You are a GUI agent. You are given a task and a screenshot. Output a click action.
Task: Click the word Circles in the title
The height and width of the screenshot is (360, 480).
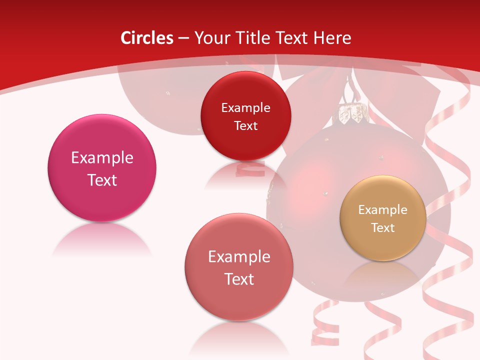click(x=147, y=38)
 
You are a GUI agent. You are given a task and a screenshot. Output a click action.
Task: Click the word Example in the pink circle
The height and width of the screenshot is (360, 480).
click(x=102, y=158)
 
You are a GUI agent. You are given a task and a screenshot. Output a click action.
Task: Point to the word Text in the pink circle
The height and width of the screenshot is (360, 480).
click(x=102, y=180)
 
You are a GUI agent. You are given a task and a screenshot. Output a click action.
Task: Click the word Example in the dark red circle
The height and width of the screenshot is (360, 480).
click(x=245, y=108)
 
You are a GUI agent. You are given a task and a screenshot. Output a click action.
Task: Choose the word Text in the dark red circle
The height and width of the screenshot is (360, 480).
click(x=245, y=126)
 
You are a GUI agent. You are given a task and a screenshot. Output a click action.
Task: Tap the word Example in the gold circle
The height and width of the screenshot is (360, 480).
click(x=383, y=210)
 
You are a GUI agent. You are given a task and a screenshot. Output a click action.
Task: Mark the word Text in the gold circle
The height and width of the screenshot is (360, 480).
click(x=383, y=228)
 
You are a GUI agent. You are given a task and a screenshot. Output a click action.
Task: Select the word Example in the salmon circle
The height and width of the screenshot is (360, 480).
click(x=239, y=257)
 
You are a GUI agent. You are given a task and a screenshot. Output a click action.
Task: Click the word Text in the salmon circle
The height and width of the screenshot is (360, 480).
click(x=239, y=279)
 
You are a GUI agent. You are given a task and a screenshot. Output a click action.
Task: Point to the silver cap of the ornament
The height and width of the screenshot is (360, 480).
click(x=352, y=114)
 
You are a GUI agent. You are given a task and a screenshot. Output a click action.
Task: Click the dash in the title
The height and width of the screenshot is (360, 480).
click(x=183, y=38)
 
